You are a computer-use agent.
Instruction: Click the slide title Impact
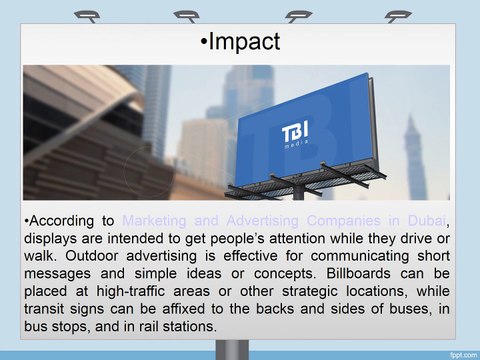240,43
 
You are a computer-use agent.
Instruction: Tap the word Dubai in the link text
423,221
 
